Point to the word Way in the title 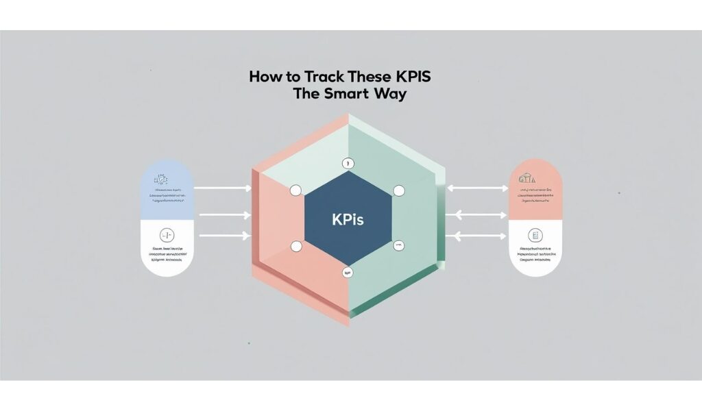tap(389, 95)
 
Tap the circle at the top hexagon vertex tap(347, 164)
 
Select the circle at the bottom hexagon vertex tap(347, 273)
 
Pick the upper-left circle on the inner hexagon tap(296, 190)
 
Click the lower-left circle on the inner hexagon tap(296, 246)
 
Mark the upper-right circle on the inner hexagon tap(398, 191)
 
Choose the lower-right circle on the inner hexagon tap(397, 245)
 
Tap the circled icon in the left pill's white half tap(167, 234)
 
